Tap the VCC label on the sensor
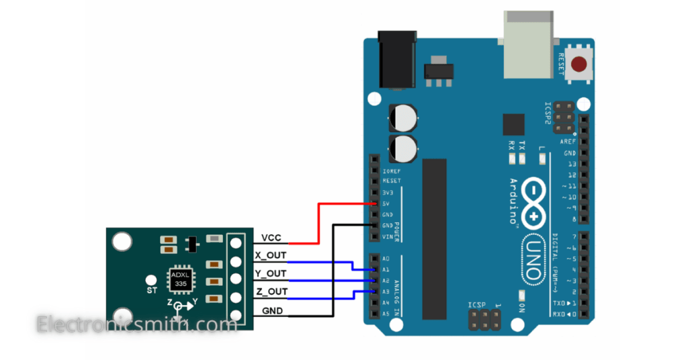click(x=271, y=238)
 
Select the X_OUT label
click(x=271, y=256)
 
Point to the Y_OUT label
click(x=271, y=274)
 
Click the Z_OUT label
click(x=271, y=291)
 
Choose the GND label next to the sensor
click(x=271, y=310)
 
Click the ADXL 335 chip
click(x=180, y=280)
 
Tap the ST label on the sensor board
click(x=152, y=290)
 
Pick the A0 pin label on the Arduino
click(x=386, y=259)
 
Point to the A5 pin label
click(x=386, y=314)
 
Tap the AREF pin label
click(x=567, y=142)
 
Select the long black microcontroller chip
click(x=434, y=239)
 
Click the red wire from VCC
click(x=318, y=222)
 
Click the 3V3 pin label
click(x=387, y=192)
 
